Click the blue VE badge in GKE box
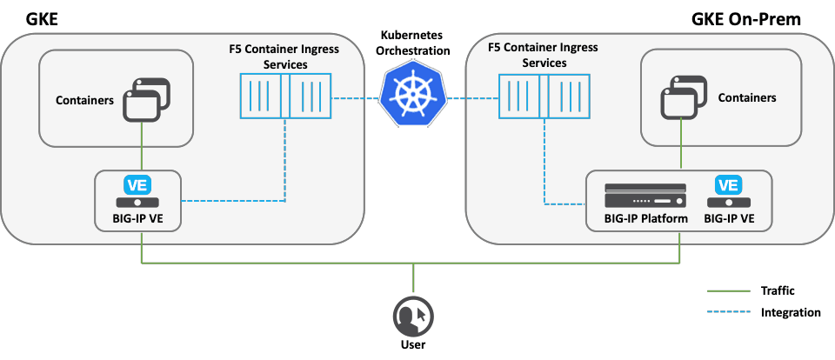coord(137,185)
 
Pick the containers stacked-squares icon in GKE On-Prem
coord(685,98)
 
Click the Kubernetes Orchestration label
coord(415,43)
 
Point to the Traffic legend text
coord(777,291)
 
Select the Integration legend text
coord(789,312)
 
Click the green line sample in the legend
coord(728,291)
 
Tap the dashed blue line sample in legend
coord(728,312)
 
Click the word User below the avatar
coord(412,345)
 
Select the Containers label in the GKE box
coord(84,100)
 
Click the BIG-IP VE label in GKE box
coord(137,218)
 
